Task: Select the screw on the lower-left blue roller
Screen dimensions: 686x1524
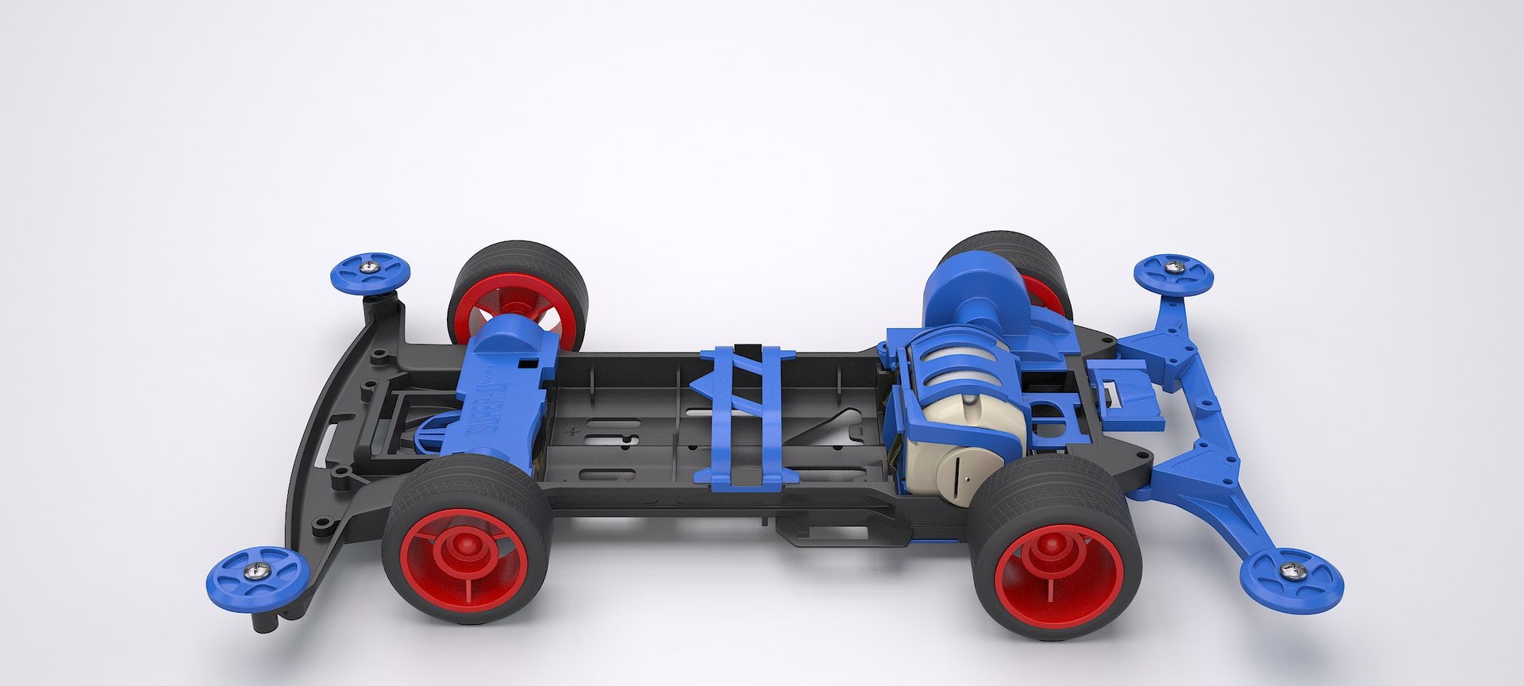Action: tap(256, 568)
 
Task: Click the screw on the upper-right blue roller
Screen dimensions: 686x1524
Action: tap(1173, 268)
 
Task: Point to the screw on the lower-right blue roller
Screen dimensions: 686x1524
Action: tap(1291, 570)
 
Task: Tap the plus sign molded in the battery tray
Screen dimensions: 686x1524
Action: tap(571, 433)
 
